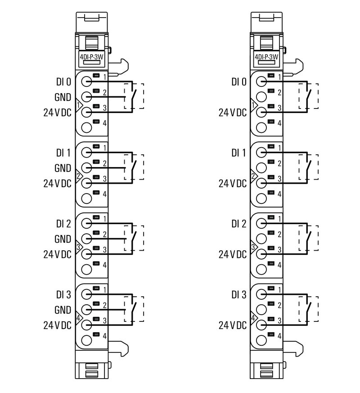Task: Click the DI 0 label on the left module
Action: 63,82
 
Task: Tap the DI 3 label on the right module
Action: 239,295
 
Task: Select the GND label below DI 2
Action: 63,239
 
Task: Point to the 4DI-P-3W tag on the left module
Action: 91,57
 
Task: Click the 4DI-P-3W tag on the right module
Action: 267,57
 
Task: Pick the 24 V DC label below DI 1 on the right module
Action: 233,183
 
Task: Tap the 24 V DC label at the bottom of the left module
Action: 57,325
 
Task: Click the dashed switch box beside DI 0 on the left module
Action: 134,96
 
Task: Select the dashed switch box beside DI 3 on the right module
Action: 309,309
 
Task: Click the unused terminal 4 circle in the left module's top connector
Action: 87,127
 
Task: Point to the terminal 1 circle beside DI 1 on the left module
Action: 87,153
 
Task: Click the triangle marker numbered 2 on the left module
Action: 79,176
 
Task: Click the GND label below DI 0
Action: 63,97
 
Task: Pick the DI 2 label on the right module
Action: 239,224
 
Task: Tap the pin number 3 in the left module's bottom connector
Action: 104,321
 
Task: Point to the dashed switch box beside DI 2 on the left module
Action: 134,238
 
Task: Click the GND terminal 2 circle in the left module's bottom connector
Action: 87,310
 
